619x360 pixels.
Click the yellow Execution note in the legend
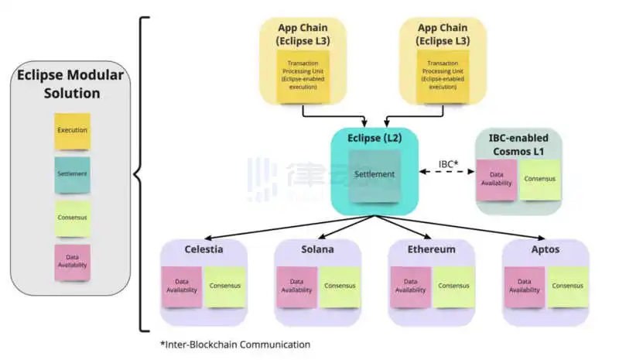click(72, 130)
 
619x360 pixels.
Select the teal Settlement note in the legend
click(72, 174)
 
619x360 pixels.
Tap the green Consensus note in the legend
click(72, 219)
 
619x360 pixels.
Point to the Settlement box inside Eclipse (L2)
click(374, 175)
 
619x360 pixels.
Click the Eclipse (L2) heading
click(374, 139)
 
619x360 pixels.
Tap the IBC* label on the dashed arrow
click(450, 164)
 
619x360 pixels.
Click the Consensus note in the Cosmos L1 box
click(540, 178)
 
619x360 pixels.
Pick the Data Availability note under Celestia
click(182, 286)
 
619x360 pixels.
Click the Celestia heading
click(204, 249)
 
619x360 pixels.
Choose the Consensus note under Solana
click(340, 286)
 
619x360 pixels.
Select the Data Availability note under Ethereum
click(410, 286)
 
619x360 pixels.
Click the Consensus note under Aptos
click(568, 286)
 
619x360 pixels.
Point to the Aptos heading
click(545, 249)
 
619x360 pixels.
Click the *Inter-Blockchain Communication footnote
click(235, 344)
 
